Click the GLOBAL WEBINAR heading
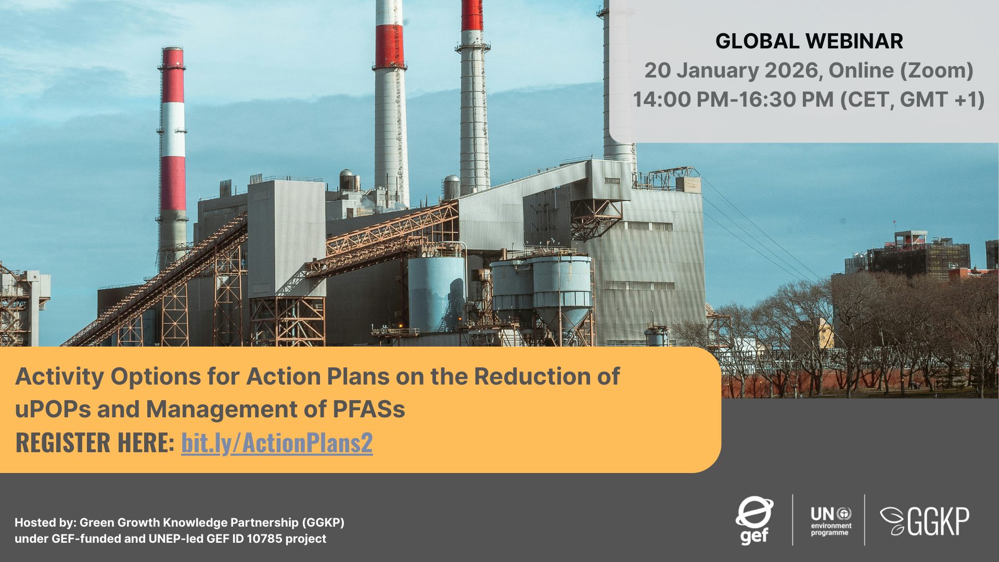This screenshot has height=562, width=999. [809, 41]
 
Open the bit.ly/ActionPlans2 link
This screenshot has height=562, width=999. [277, 442]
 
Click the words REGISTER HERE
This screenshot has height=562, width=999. [95, 442]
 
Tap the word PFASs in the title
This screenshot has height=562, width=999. [368, 409]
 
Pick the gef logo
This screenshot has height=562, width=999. [754, 520]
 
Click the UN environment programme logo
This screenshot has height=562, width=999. [830, 520]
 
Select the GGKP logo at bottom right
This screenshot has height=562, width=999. [925, 521]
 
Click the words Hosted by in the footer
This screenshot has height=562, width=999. [45, 522]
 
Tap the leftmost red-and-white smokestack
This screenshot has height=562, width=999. [173, 151]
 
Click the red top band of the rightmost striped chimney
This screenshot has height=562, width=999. [471, 15]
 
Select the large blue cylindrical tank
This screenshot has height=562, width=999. [436, 294]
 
